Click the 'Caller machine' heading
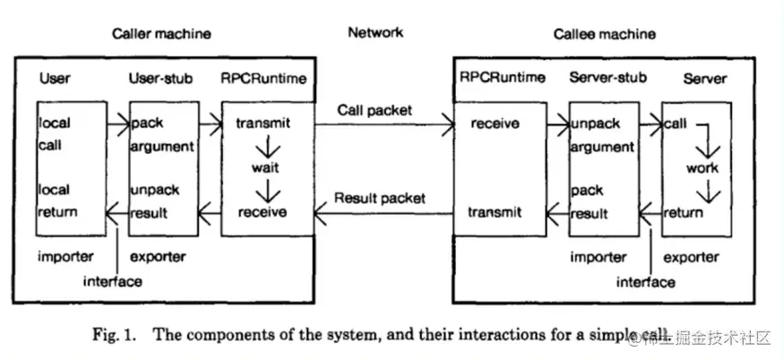(161, 34)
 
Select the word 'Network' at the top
(375, 32)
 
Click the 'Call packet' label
(375, 111)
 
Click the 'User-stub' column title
(164, 78)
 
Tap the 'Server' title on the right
(704, 79)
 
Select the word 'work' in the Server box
(702, 167)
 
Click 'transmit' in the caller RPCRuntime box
(262, 122)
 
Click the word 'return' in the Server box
(683, 213)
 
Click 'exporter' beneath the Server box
(690, 258)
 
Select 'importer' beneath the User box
(65, 257)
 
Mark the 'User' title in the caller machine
(55, 78)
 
